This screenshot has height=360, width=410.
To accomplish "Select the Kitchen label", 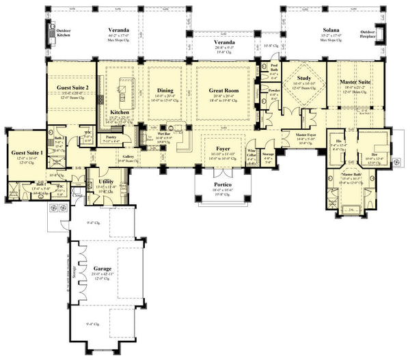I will coord(120,111).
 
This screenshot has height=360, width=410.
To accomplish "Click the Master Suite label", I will coord(355,83).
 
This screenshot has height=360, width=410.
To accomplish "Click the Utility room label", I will coord(106,181).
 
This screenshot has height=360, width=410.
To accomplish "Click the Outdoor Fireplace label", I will coord(368,34).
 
